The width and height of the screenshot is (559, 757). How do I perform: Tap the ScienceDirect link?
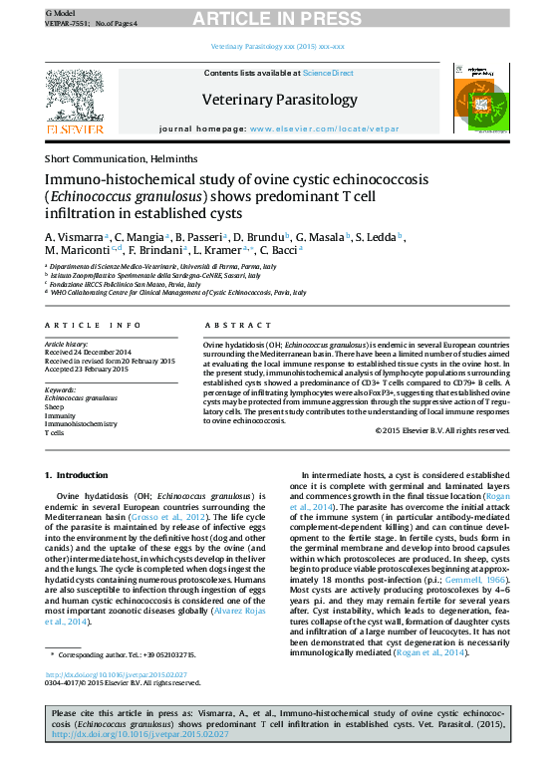tap(328, 73)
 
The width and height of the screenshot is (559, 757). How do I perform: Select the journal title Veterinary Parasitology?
tap(279, 100)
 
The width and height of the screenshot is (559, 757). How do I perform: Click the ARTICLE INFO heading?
tap(93, 326)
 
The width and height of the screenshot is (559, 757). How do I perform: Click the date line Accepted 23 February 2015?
tap(88, 370)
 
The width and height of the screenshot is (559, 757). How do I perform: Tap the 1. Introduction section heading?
tap(77, 476)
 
